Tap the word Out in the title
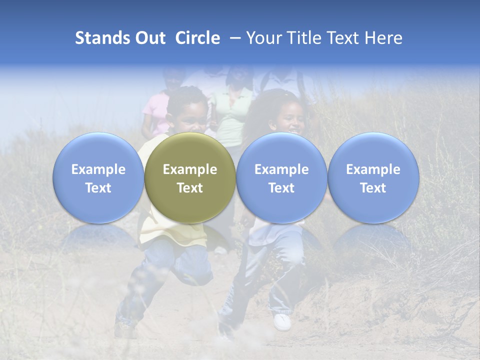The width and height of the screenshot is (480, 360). pyautogui.click(x=148, y=38)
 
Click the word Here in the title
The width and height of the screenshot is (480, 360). pyautogui.click(x=383, y=38)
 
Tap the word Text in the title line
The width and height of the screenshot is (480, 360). pyautogui.click(x=345, y=38)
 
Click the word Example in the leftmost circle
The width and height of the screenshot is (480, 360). pyautogui.click(x=98, y=169)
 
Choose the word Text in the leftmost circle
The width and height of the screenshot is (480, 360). pyautogui.click(x=98, y=188)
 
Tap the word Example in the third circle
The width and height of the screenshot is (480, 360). pyautogui.click(x=281, y=169)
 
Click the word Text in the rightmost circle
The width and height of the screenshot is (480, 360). pyautogui.click(x=373, y=188)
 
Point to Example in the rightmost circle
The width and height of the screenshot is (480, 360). pyautogui.click(x=373, y=169)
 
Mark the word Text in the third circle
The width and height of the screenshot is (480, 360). pyautogui.click(x=281, y=188)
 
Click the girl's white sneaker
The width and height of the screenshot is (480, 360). pyautogui.click(x=282, y=321)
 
